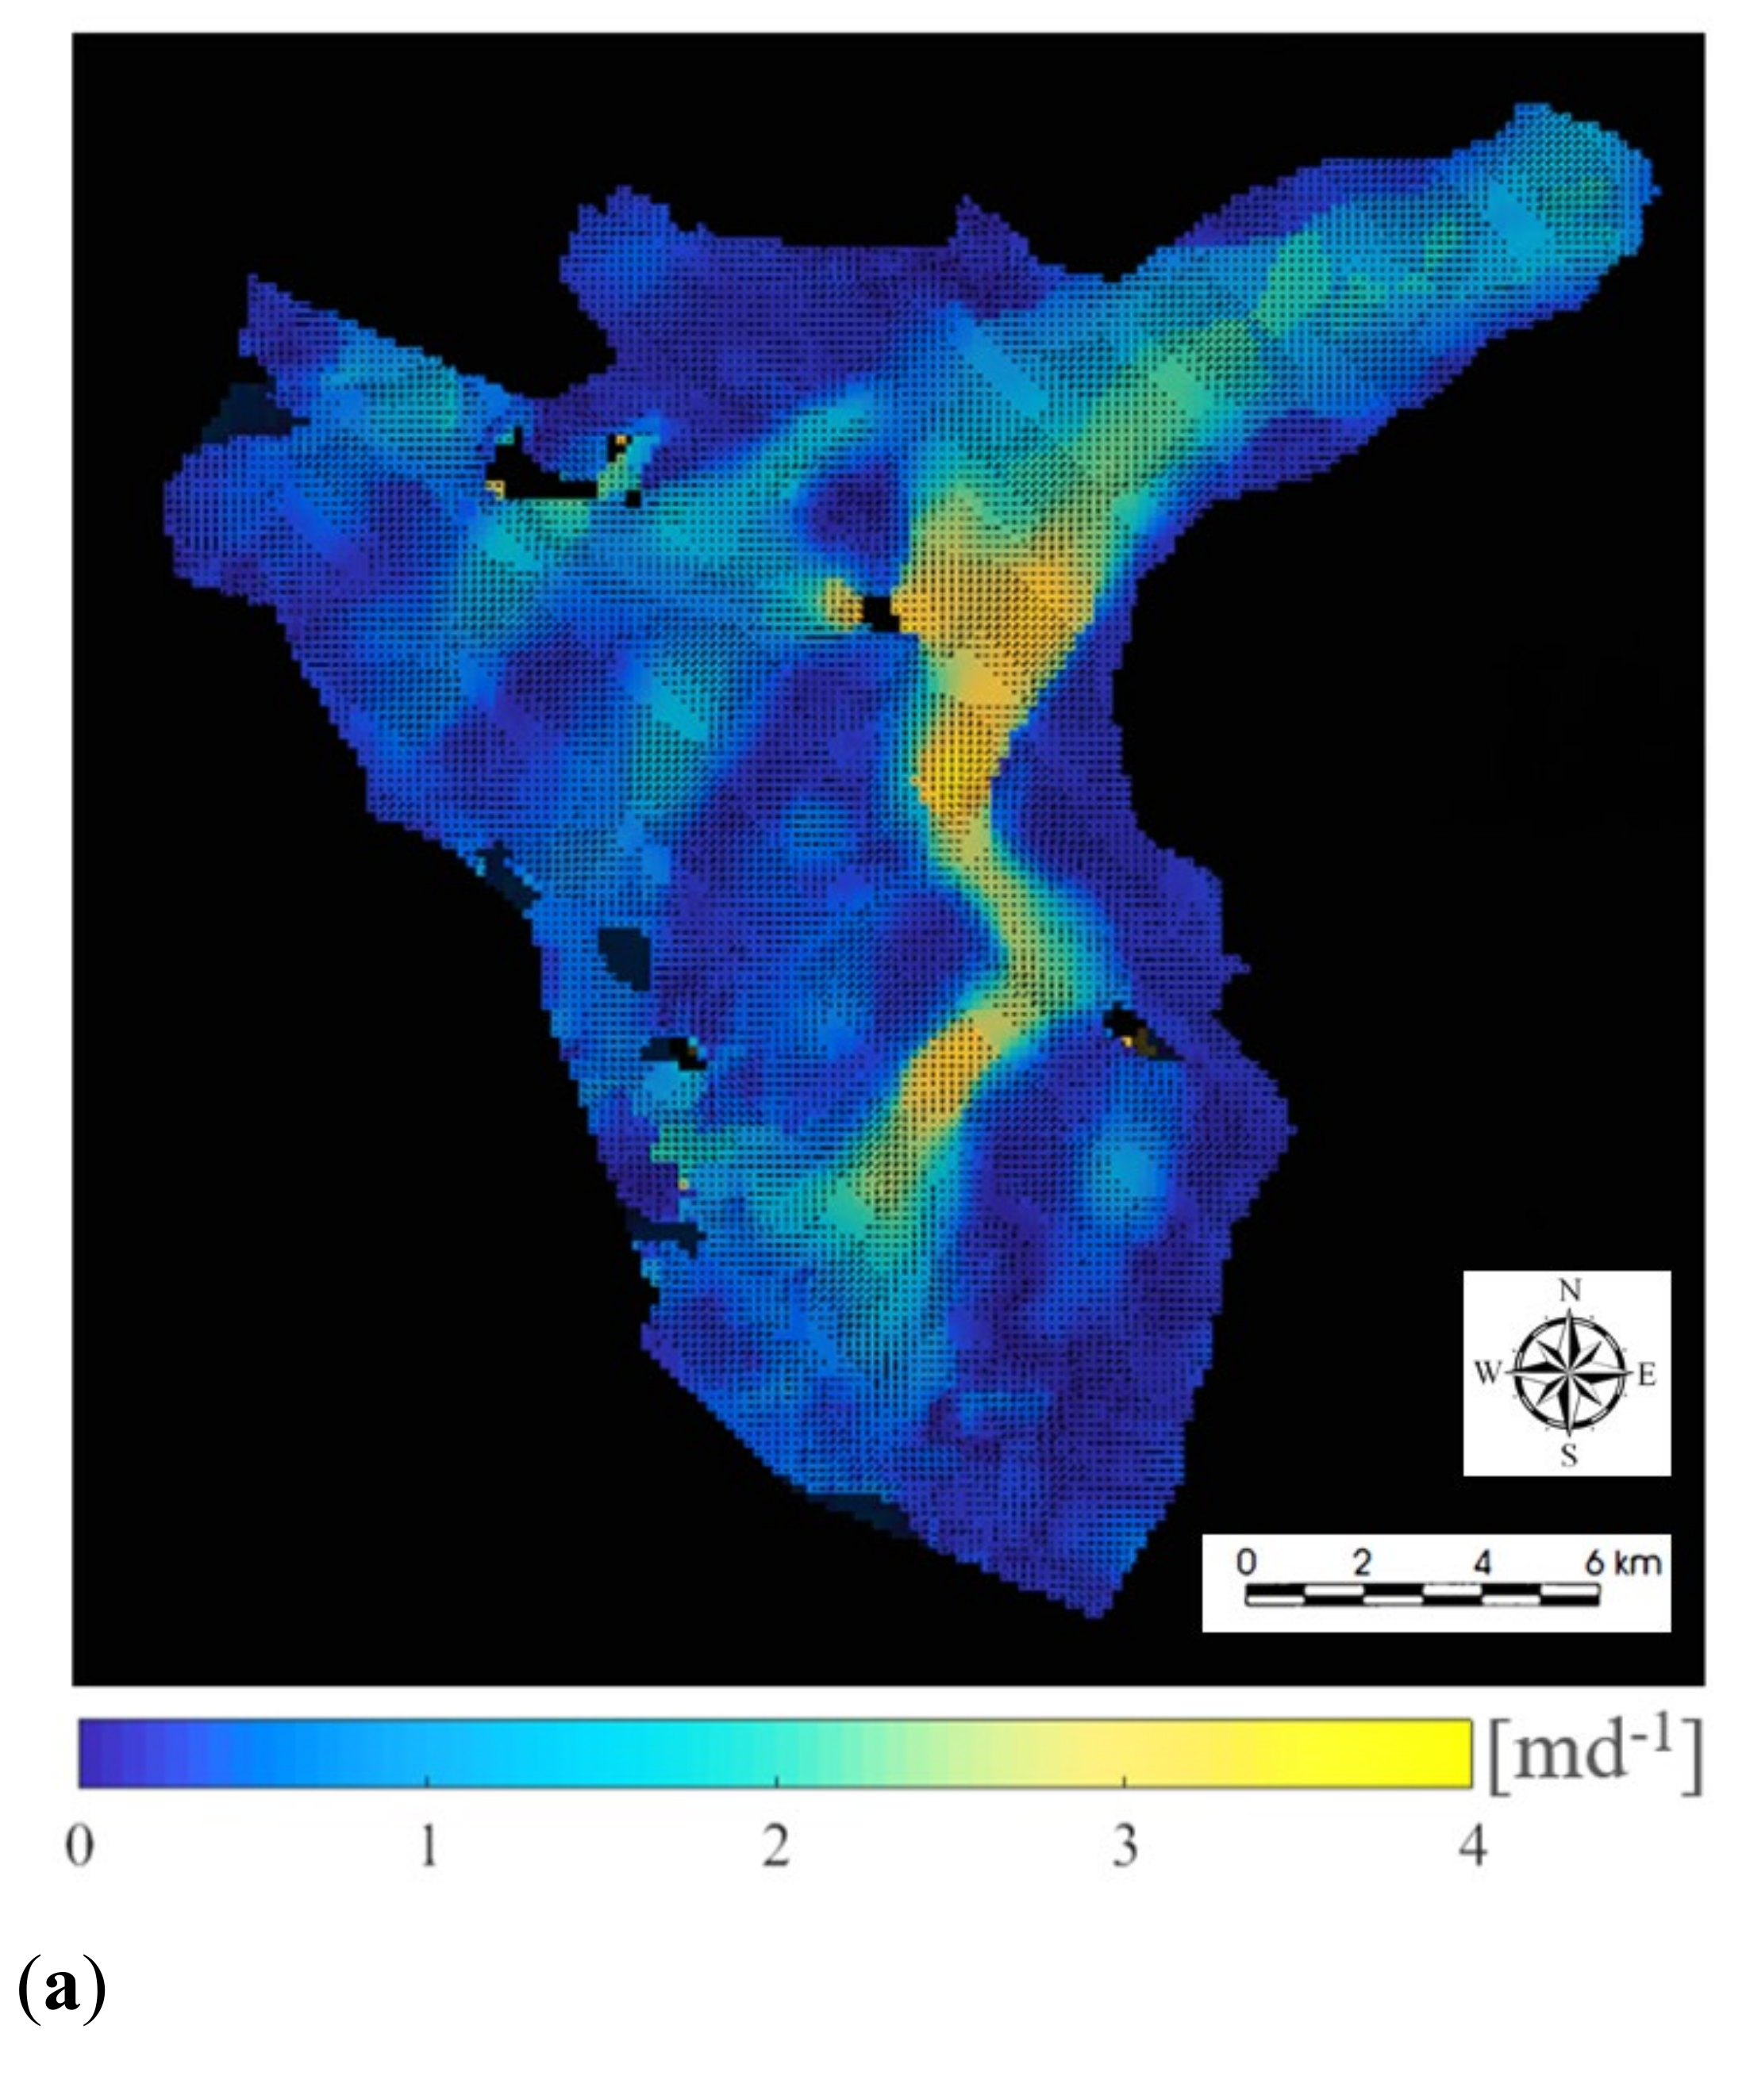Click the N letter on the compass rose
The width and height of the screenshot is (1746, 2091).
[1569, 1291]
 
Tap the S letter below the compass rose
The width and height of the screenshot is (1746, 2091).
[1569, 1456]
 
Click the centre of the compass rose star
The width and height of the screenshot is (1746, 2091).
[1569, 1374]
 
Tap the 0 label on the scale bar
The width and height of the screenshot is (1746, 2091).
[1246, 1562]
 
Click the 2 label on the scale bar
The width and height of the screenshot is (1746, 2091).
[1362, 1562]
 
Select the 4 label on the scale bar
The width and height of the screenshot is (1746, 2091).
[1481, 1562]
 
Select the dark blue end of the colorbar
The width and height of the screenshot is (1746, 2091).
[99, 1752]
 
